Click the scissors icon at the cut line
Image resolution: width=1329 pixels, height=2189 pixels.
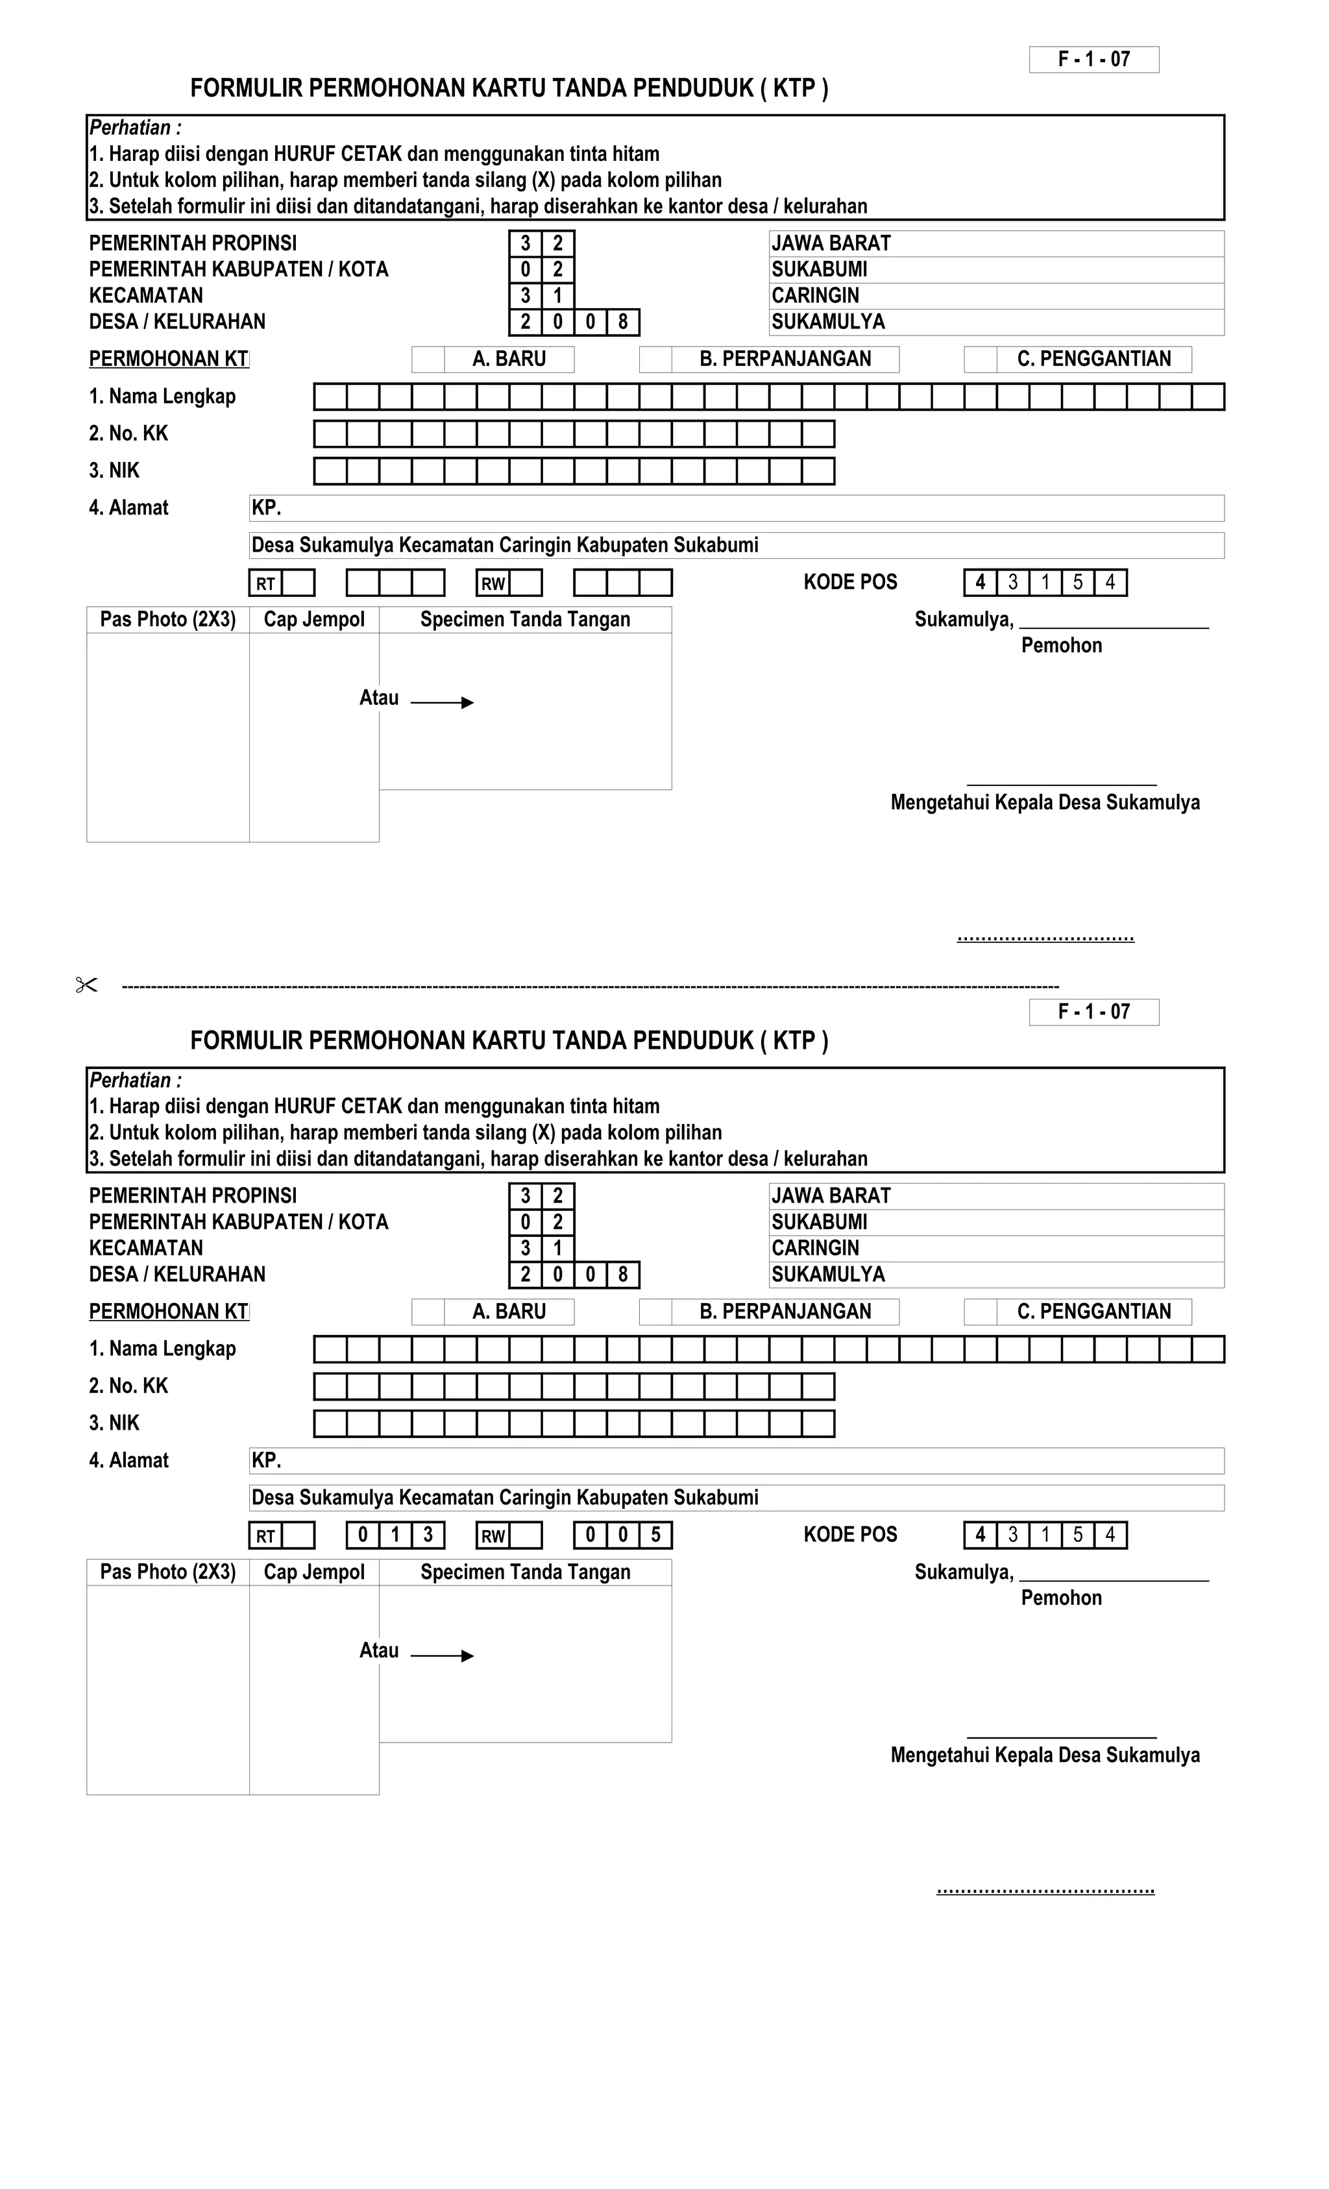click(86, 985)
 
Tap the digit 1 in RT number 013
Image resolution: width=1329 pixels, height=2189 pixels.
click(395, 1534)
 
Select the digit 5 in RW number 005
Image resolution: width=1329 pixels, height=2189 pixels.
click(655, 1534)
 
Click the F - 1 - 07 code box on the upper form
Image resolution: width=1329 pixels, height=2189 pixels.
click(1093, 60)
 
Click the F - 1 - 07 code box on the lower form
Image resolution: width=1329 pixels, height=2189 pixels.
click(1093, 1012)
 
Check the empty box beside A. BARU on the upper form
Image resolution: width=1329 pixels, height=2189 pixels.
click(428, 359)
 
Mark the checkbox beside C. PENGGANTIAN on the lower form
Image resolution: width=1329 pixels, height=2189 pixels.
click(981, 1312)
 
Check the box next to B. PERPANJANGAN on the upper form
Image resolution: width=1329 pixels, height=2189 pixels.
click(655, 359)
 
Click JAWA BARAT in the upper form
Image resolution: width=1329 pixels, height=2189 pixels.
click(831, 243)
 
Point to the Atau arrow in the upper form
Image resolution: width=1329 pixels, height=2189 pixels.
click(443, 703)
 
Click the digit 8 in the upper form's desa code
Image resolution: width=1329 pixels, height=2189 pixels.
click(623, 322)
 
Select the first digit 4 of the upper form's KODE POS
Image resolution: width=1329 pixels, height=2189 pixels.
click(980, 583)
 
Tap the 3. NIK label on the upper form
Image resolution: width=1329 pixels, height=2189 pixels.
click(115, 471)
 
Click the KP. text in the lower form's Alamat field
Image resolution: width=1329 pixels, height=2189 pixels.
click(267, 1460)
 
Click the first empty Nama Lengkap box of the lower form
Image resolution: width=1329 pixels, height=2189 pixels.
click(330, 1349)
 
